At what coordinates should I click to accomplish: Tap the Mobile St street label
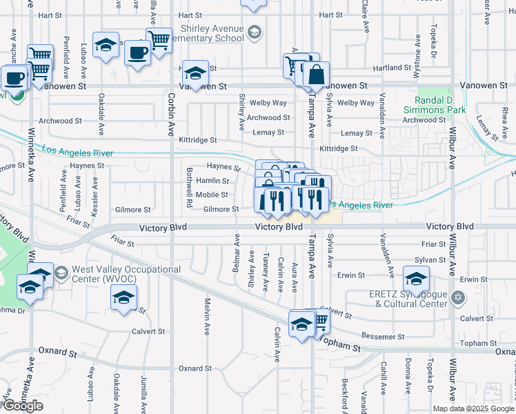click(x=212, y=195)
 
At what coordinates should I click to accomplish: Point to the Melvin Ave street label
click(x=206, y=316)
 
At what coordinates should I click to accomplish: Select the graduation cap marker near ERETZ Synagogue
click(x=416, y=279)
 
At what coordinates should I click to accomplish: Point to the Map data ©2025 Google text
click(x=473, y=408)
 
